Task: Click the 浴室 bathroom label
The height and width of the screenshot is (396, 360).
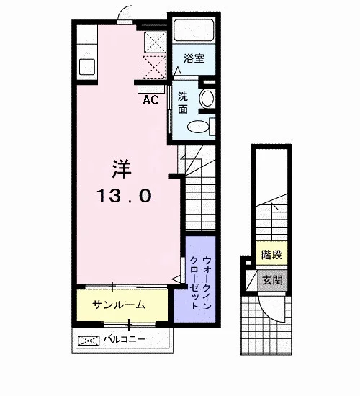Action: coord(194,58)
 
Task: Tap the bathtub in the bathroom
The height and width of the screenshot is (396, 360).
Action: coord(194,30)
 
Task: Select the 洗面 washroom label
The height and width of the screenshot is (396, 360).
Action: coord(183,103)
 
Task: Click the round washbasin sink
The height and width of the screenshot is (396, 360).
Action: coord(207,98)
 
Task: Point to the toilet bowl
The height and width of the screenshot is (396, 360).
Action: coord(198,127)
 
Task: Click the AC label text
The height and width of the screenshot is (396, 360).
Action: coord(150,100)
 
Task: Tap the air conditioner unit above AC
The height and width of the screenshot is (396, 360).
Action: coord(150,89)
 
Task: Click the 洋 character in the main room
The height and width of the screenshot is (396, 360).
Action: coord(122,169)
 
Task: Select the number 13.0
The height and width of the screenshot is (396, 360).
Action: coord(125,196)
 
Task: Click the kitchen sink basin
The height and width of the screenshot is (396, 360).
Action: coord(87,67)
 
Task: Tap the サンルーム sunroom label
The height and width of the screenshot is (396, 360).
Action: coord(119,305)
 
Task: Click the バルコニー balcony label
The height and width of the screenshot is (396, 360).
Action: coord(125,339)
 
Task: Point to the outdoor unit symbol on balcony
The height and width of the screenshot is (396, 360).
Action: coord(88,341)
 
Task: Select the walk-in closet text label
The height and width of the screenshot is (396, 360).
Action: coord(200,283)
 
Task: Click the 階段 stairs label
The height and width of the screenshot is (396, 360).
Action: coord(271,255)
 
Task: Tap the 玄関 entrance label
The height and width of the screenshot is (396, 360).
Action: coord(272,280)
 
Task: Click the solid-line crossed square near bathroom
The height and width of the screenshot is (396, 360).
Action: coord(155,42)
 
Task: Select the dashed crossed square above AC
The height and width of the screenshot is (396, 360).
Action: coord(154,68)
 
